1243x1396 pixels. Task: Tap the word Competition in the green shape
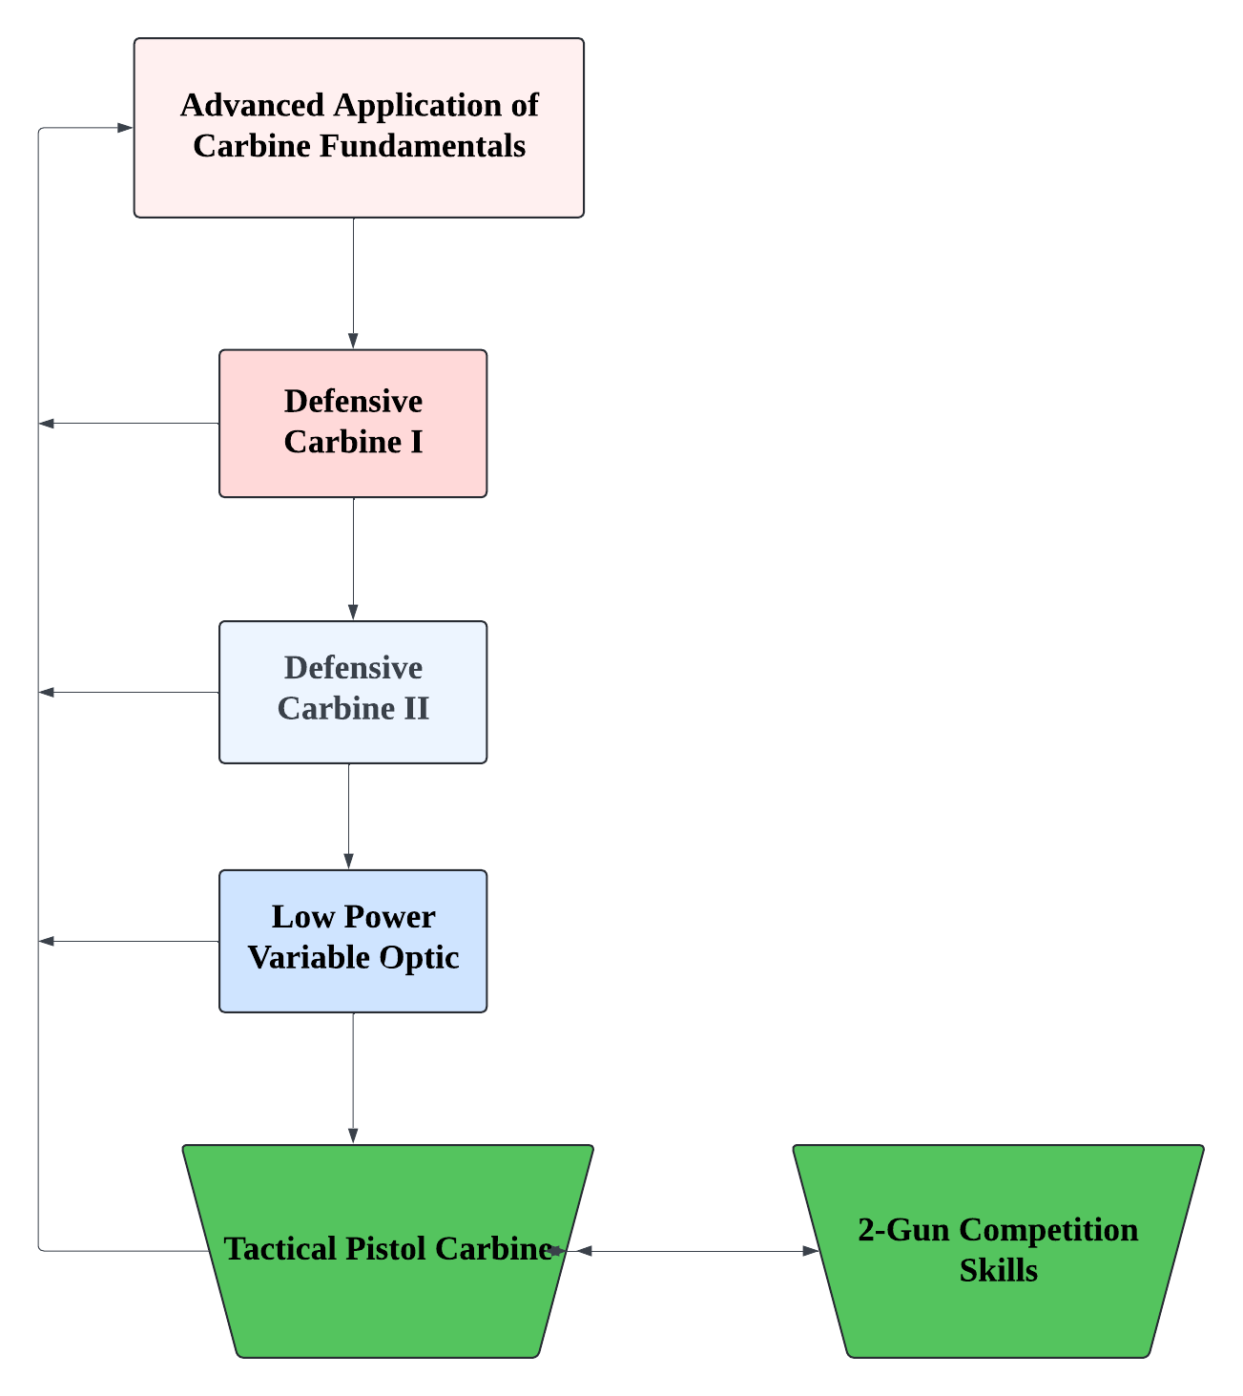(x=1048, y=1230)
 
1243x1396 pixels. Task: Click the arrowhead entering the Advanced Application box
(x=125, y=128)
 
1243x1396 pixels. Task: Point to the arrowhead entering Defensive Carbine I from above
(x=353, y=342)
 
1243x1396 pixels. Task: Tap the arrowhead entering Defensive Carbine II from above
(x=353, y=613)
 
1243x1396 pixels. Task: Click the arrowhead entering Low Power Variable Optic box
(x=348, y=861)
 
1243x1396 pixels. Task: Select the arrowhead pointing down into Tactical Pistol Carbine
(x=353, y=1136)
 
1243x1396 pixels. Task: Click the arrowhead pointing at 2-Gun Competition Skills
(x=811, y=1251)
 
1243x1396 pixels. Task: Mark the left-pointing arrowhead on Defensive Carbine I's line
(x=47, y=424)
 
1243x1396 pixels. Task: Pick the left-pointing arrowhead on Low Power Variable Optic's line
(x=47, y=942)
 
